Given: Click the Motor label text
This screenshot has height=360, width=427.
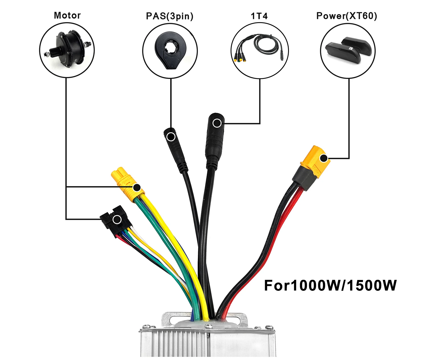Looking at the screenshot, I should pos(67,15).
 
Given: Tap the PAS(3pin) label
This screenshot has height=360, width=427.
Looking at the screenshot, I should pos(170,16).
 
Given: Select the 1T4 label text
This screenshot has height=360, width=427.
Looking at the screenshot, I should pos(259,16).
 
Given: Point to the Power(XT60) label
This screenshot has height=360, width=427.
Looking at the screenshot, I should pos(347,16).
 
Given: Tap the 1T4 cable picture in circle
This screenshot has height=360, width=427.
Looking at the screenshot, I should pos(260,50).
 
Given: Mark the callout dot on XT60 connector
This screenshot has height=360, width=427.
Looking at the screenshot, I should pos(324,158).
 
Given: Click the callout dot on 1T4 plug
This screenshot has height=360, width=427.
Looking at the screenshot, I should pos(217,123).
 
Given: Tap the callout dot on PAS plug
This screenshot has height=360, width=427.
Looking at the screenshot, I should pos(171,137).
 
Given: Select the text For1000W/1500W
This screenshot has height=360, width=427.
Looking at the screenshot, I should pos(330,285).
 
